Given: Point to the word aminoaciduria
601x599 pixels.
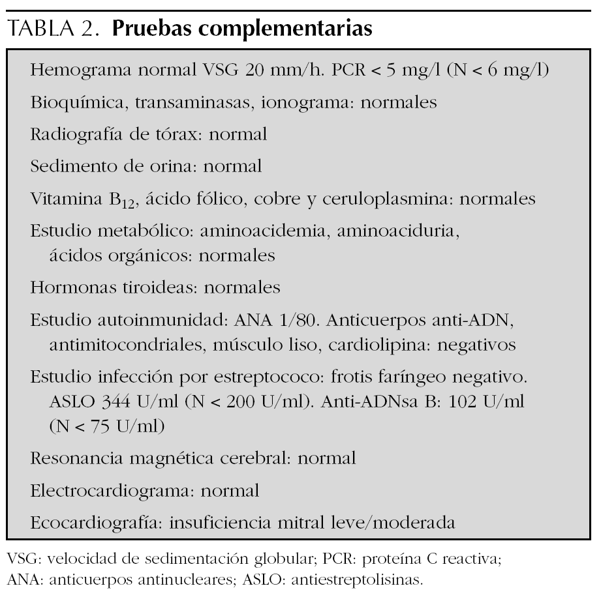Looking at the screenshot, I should (x=399, y=230).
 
